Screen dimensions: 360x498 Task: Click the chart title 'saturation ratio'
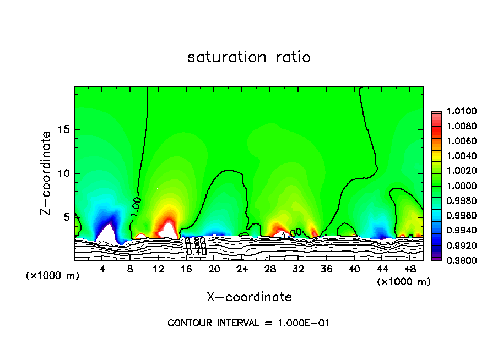[249, 57]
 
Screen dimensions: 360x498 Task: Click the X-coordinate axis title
[249, 297]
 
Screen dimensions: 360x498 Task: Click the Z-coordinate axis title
[48, 173]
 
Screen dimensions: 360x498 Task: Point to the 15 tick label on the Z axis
[64, 130]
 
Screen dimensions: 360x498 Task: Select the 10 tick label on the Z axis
[64, 173]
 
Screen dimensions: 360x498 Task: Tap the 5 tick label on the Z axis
[67, 217]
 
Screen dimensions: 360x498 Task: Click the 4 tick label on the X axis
[102, 269]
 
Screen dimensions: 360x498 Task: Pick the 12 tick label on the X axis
[158, 269]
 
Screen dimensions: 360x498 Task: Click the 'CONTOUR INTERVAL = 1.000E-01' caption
[248, 323]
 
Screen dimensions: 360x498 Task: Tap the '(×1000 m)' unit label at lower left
[53, 276]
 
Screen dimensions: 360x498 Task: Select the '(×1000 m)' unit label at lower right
[404, 282]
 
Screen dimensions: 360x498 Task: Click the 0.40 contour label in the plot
[196, 252]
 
